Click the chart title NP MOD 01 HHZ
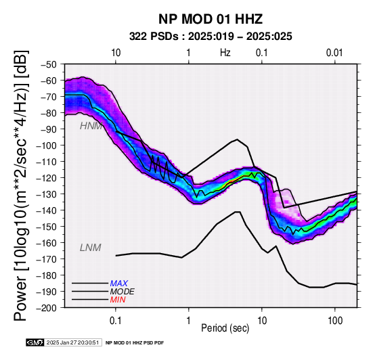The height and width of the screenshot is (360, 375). click(211, 19)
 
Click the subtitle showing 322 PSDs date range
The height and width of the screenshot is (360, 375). click(211, 37)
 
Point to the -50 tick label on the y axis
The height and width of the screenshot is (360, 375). click(48, 64)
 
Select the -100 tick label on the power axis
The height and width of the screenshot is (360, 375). click(47, 145)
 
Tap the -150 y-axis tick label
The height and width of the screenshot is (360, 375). click(47, 227)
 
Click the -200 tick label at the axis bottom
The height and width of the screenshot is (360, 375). click(47, 308)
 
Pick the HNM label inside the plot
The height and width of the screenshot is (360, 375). click(91, 126)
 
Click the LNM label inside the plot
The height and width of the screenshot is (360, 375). click(91, 248)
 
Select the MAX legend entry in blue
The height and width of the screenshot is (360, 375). click(119, 284)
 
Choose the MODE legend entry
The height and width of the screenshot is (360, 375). click(123, 292)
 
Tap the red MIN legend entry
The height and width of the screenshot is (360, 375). click(118, 300)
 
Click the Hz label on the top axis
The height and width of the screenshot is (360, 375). click(225, 53)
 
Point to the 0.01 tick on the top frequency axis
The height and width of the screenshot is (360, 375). click(334, 53)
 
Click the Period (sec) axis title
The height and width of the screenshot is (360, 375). click(225, 328)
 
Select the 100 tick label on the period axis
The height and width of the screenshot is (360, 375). click(335, 321)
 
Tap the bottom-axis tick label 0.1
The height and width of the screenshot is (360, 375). click(116, 321)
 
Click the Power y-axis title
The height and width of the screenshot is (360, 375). click(21, 185)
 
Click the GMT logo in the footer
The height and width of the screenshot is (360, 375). click(35, 342)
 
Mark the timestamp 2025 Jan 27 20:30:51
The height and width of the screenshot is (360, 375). click(72, 342)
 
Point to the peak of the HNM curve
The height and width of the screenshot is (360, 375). click(237, 139)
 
